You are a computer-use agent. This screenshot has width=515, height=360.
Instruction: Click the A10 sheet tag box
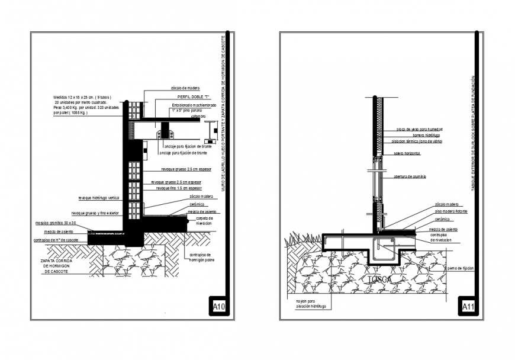[219, 307]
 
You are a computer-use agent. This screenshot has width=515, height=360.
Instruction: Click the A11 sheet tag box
[468, 307]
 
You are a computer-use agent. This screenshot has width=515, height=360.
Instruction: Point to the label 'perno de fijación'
[461, 268]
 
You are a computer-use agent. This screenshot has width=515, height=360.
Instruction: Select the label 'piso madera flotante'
[450, 211]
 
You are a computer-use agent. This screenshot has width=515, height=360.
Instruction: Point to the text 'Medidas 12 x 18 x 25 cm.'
[82, 97]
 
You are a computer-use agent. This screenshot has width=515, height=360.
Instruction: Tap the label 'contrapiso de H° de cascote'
[56, 240]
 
